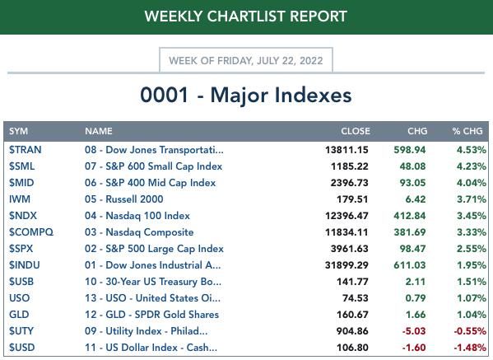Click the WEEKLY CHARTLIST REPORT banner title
(246, 16)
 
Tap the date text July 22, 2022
(290, 60)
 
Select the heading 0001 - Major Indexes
(246, 95)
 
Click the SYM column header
(19, 131)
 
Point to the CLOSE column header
(356, 131)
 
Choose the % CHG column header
(467, 131)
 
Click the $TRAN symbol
(26, 150)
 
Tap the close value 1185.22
(349, 166)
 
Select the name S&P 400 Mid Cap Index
(160, 183)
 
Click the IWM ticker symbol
(20, 199)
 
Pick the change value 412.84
(410, 216)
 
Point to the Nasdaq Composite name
(150, 232)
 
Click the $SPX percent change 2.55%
(472, 249)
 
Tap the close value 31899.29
(346, 265)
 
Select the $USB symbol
(21, 282)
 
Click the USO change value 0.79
(416, 298)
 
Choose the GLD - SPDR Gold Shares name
(162, 315)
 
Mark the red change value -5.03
(414, 331)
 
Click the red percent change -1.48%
(470, 348)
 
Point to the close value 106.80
(352, 348)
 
